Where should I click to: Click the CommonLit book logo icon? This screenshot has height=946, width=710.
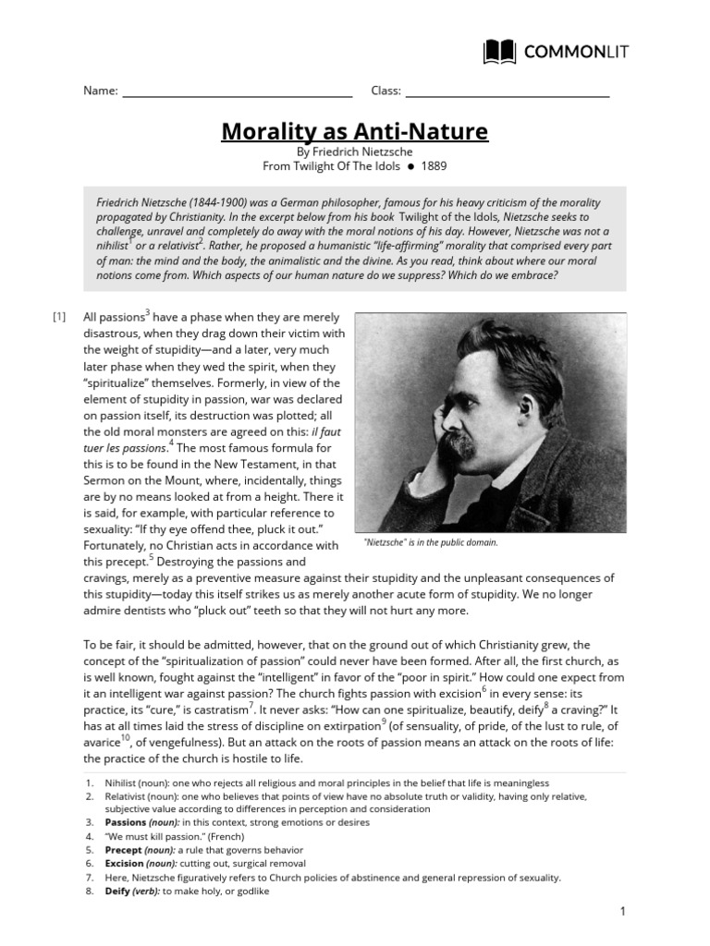500,52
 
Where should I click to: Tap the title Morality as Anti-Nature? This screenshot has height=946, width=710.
354,131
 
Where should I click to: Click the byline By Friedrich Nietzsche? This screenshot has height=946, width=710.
354,151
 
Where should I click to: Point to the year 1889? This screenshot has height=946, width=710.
434,166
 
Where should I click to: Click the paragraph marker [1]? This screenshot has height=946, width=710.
59,318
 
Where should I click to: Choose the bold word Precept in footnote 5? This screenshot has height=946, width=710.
124,849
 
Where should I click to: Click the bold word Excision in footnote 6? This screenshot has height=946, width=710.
125,863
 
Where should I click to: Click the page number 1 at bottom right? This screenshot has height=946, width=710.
623,913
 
